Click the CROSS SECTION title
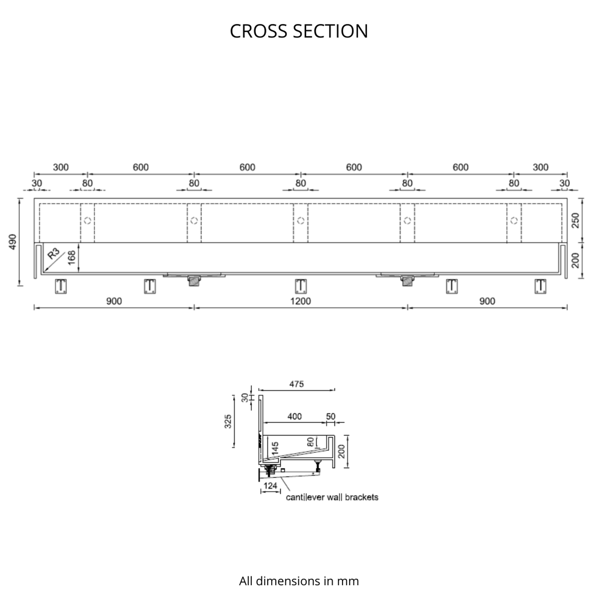(299, 31)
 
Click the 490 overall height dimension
(12, 242)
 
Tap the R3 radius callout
(54, 254)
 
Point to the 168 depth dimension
(72, 258)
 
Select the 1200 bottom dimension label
(300, 301)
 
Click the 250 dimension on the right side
(575, 221)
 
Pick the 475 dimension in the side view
(297, 384)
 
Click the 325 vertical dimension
(228, 421)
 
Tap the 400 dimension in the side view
(294, 416)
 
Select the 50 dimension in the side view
(331, 416)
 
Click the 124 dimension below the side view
(270, 486)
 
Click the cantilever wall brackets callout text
(332, 497)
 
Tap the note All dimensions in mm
(299, 581)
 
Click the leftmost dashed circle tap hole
(87, 221)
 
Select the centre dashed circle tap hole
(300, 221)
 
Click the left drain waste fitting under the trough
(194, 280)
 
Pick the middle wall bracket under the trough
(301, 286)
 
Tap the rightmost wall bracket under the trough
(540, 286)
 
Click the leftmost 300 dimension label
(61, 167)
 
